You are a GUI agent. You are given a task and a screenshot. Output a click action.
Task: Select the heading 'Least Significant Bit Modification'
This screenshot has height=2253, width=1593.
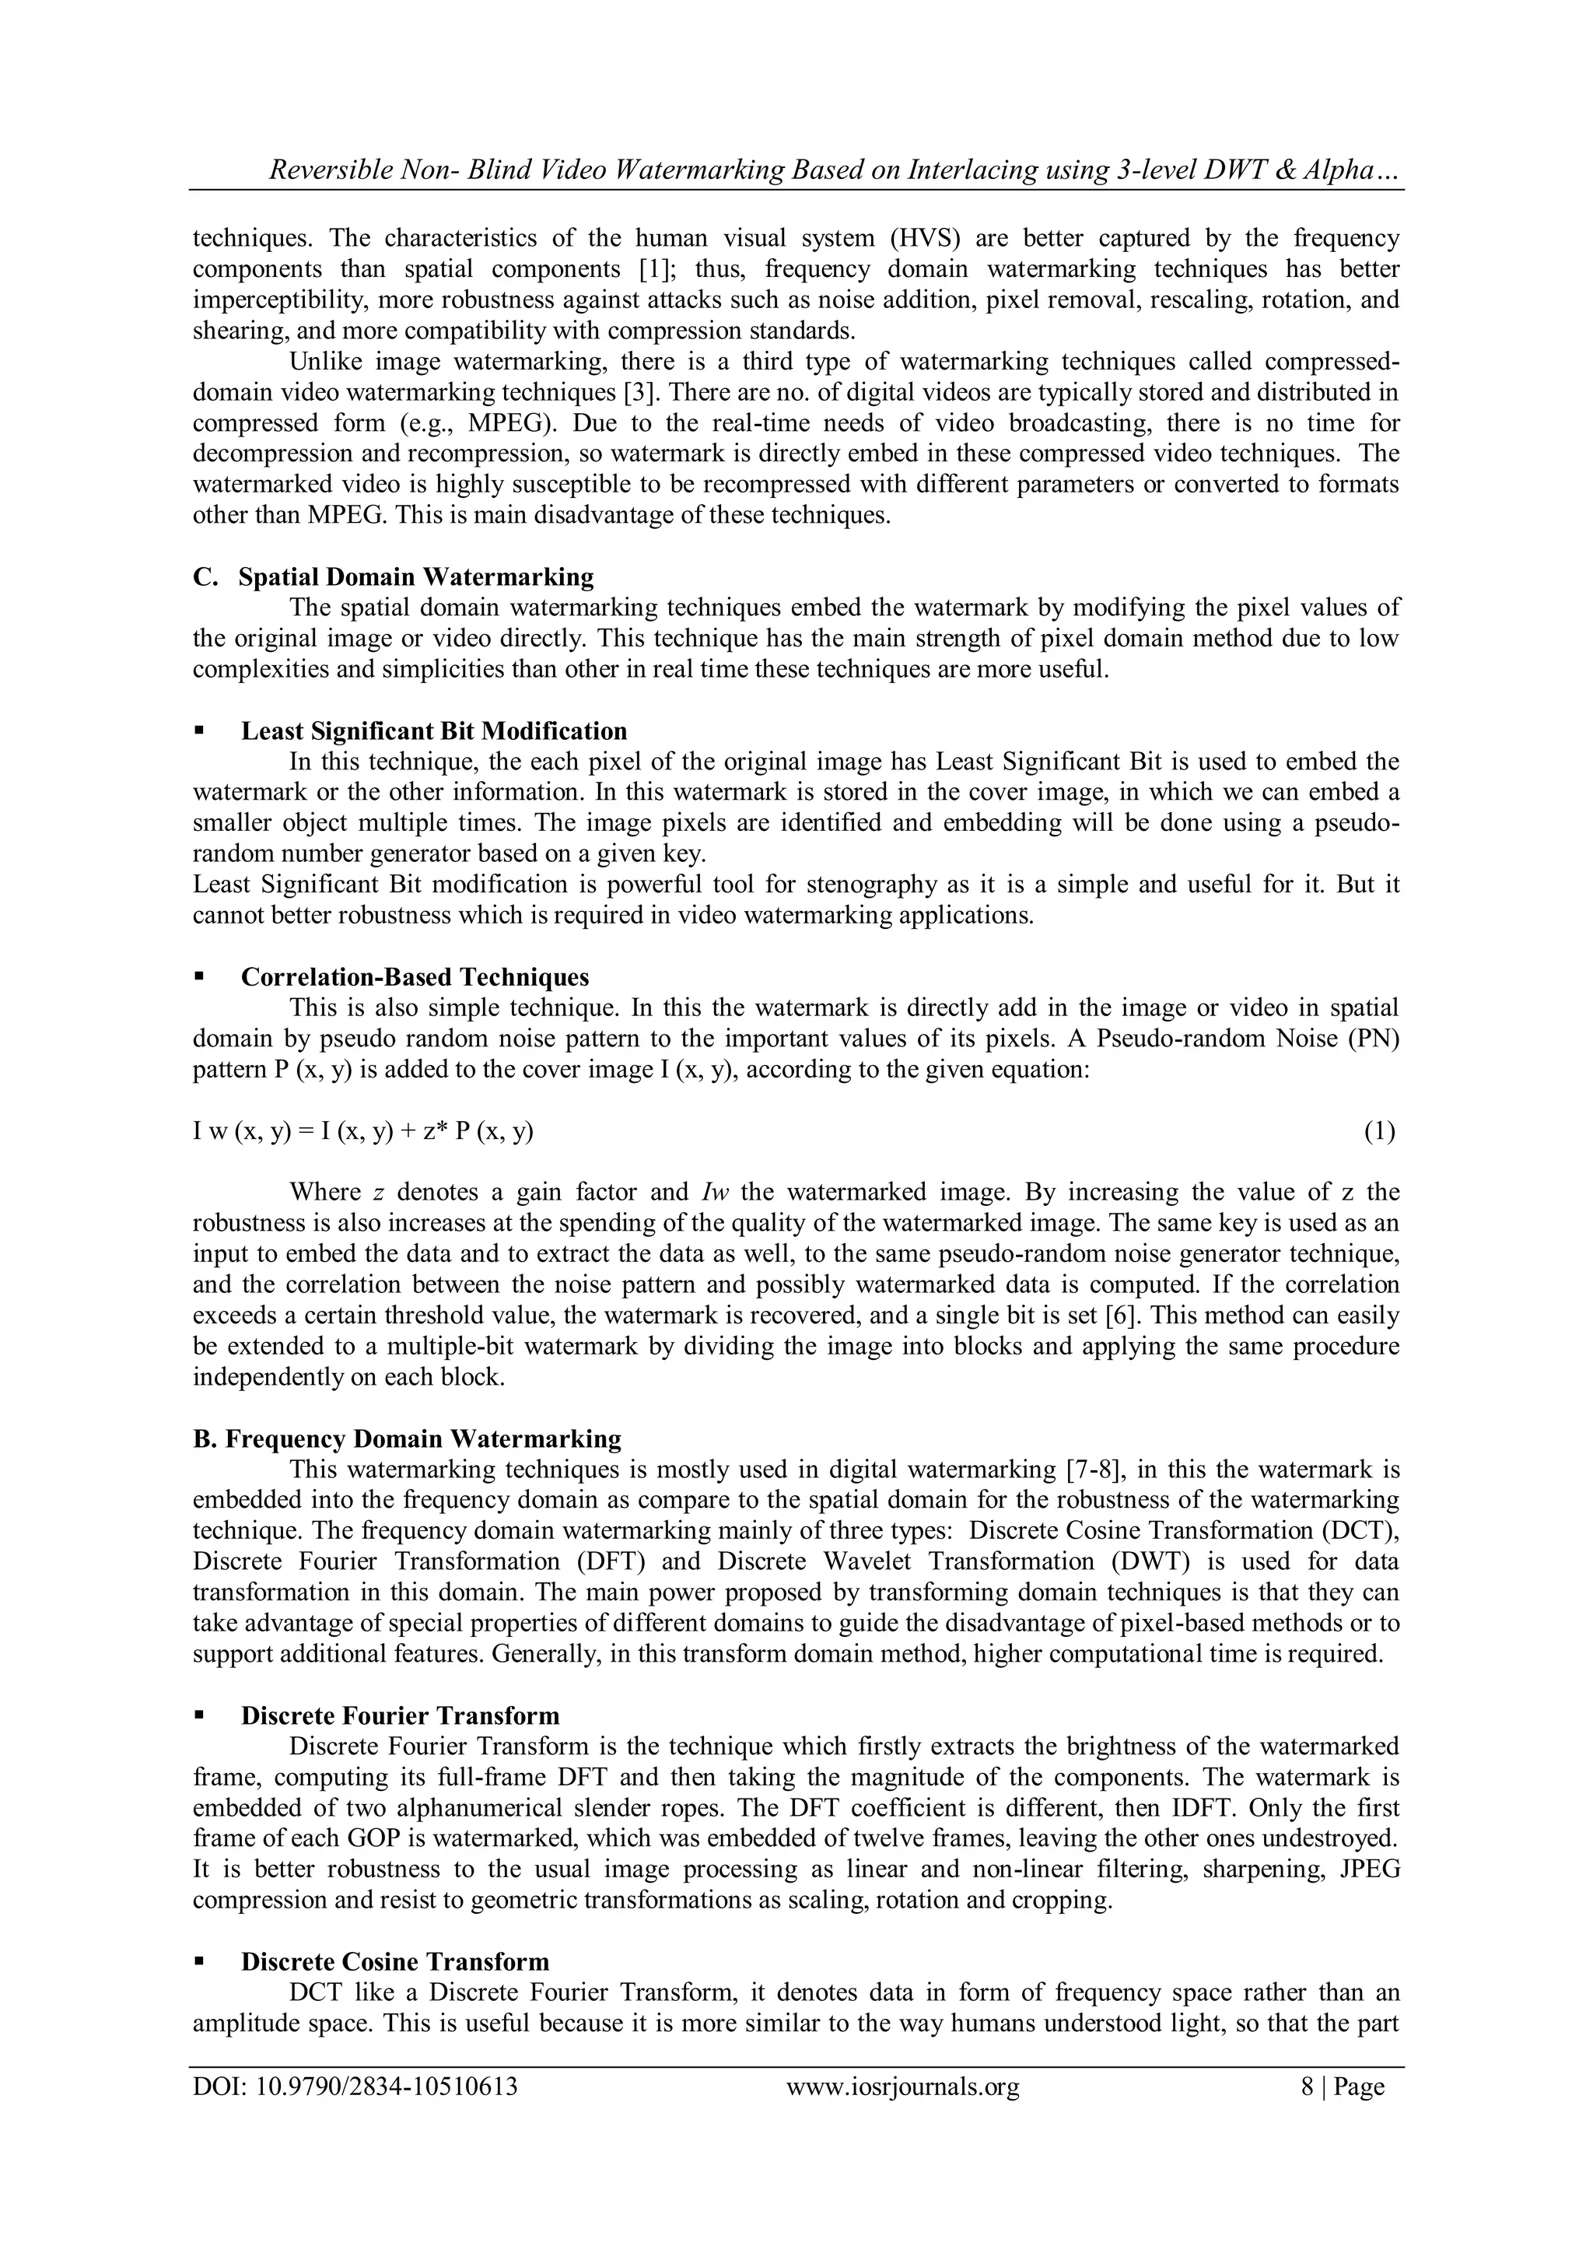pos(433,731)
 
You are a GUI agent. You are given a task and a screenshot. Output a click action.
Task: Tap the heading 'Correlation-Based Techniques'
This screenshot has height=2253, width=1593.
pos(415,977)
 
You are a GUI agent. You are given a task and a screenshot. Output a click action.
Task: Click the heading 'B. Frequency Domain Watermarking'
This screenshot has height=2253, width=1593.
pos(407,1438)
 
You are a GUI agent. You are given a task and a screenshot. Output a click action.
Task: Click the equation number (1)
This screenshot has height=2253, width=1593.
pos(1379,1131)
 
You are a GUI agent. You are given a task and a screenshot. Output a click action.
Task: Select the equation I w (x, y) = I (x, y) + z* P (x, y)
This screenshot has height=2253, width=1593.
pos(363,1131)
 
